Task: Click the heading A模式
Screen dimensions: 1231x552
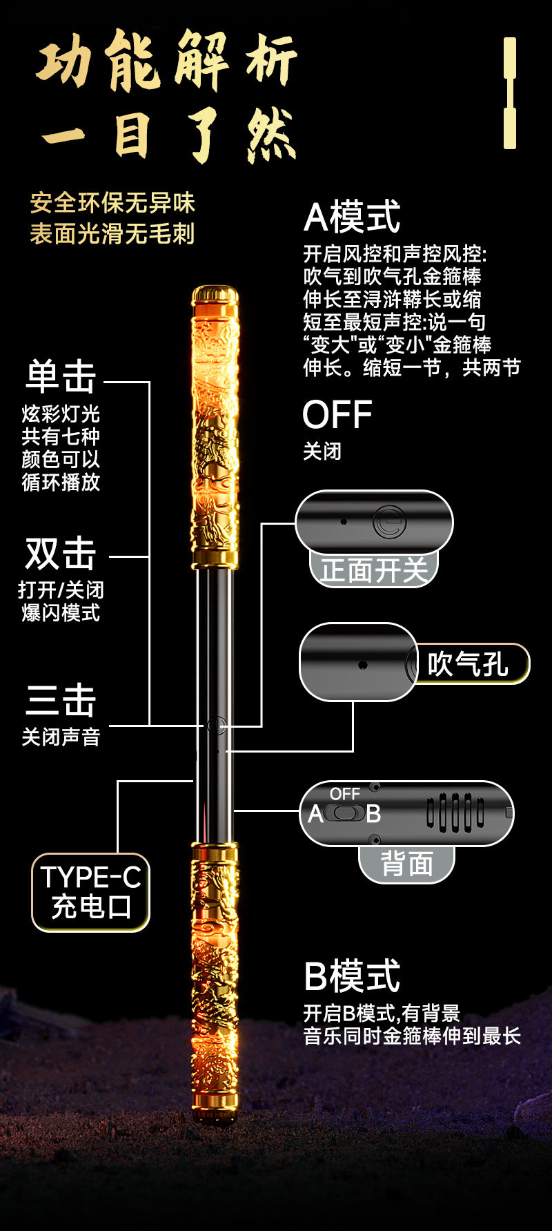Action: [352, 217]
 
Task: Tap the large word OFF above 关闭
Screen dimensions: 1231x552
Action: [337, 414]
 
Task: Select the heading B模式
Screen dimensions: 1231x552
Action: [352, 976]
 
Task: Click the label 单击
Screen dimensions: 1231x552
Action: [61, 377]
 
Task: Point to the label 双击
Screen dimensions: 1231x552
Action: [61, 554]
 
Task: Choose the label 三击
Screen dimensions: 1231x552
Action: [61, 700]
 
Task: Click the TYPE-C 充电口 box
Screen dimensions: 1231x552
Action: [90, 892]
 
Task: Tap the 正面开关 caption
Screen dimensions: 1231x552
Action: [374, 570]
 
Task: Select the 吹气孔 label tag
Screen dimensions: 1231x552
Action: [469, 664]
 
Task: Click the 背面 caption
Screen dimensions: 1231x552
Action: [407, 864]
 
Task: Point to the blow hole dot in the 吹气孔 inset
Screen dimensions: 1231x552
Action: [362, 665]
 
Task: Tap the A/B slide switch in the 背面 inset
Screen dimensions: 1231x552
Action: [345, 813]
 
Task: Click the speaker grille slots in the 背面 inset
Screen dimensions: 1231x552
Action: [455, 813]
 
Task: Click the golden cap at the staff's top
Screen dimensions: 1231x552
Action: [215, 295]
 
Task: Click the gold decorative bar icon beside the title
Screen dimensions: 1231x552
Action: [510, 93]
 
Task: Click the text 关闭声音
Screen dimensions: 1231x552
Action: [61, 737]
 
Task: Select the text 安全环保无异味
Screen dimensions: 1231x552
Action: [112, 203]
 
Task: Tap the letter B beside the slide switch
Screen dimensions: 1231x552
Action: [374, 814]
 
